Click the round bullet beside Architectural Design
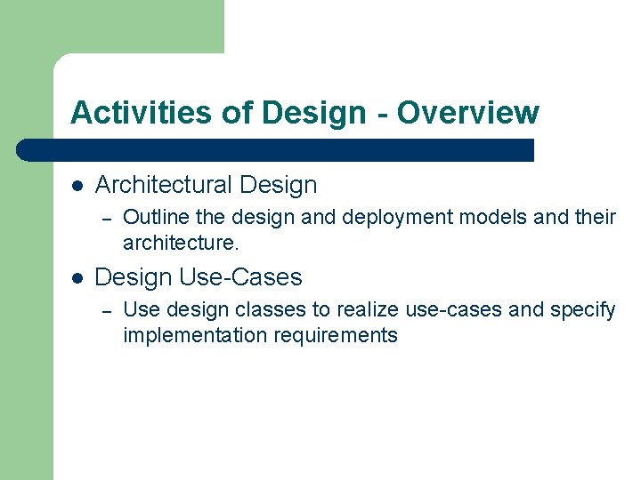coord(77,186)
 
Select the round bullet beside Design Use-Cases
coord(77,278)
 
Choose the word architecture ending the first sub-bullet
coord(178,243)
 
